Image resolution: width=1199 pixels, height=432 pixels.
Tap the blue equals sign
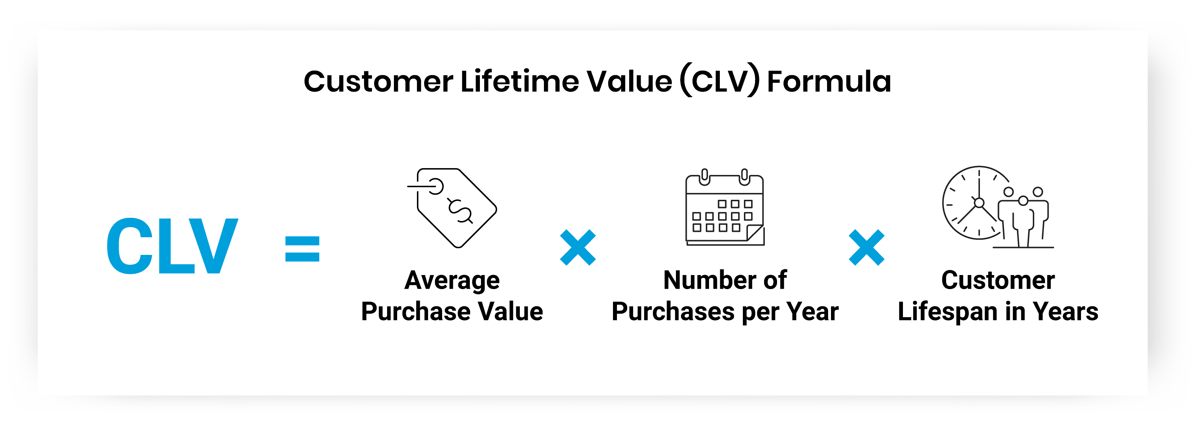302,248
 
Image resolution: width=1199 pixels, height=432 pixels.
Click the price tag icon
454,208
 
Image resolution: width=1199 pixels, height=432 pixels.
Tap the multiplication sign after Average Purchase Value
578,247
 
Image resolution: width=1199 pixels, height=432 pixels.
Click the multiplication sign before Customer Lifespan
866,247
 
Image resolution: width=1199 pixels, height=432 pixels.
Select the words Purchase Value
452,311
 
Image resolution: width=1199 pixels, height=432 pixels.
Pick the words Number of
725,280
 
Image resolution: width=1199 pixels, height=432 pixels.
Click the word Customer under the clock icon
998,280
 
